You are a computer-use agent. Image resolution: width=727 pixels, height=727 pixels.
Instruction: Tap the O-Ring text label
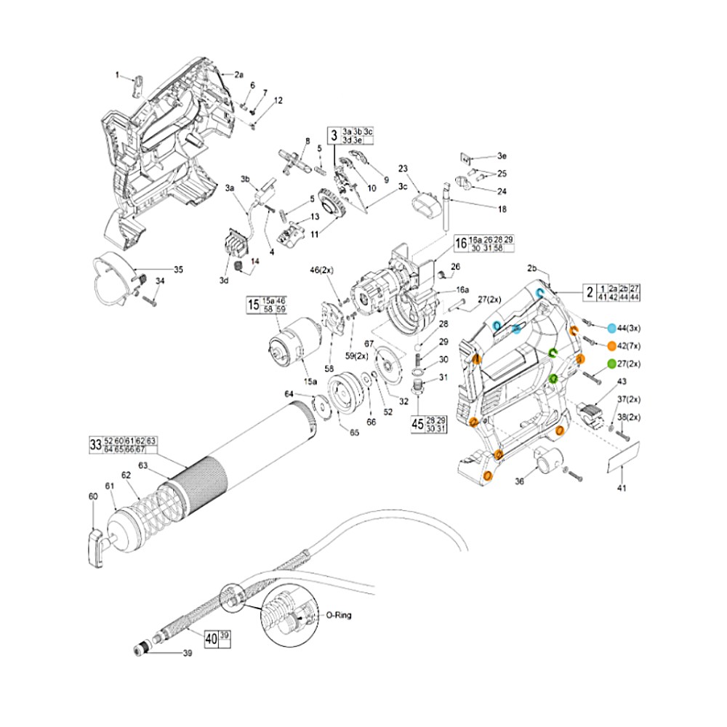point(339,615)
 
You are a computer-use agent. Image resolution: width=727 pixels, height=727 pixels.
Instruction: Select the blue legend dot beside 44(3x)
point(611,329)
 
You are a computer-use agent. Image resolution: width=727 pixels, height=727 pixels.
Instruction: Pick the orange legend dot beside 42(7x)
point(611,346)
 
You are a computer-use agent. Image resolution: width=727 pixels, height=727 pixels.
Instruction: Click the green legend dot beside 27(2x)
point(611,364)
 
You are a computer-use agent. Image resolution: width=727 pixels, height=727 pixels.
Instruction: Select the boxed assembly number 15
point(253,304)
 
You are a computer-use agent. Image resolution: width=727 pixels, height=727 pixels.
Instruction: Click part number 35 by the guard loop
point(178,269)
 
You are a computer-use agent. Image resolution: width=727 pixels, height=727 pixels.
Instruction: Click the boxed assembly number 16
point(460,244)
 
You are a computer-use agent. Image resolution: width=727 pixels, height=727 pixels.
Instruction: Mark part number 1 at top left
point(116,75)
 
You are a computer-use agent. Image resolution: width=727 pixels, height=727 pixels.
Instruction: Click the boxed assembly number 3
point(334,135)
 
